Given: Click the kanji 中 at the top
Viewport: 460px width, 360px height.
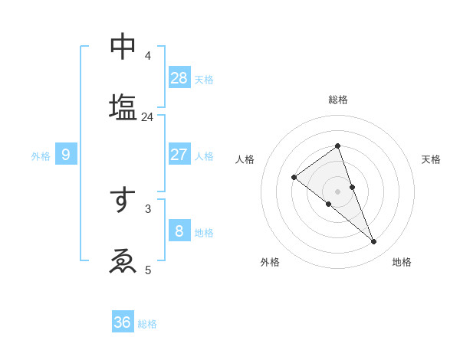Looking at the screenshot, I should click(123, 47).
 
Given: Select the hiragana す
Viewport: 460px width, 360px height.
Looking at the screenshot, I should click(123, 200).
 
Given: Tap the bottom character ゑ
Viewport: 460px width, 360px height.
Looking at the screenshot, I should click(123, 261).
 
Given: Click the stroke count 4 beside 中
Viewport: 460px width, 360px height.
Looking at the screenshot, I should click(148, 56).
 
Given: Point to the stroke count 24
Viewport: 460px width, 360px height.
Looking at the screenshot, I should click(147, 117).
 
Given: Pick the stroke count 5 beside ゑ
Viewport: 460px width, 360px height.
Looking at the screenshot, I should click(148, 270).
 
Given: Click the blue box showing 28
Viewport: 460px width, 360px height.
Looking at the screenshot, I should click(179, 77).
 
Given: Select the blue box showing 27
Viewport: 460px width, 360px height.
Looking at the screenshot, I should click(179, 154).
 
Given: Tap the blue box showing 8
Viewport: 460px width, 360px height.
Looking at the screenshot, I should click(179, 231).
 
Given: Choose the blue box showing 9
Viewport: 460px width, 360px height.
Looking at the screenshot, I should click(66, 155).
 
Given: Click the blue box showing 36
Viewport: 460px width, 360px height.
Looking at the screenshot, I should click(123, 322).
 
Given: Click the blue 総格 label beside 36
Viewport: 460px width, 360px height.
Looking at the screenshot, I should click(147, 324).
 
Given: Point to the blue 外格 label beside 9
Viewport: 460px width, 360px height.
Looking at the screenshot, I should click(41, 156).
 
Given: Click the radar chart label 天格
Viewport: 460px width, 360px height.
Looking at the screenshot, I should click(431, 159).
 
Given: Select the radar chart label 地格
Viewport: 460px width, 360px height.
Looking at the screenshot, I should click(402, 262).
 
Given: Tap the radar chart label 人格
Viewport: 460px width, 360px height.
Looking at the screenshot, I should click(245, 159).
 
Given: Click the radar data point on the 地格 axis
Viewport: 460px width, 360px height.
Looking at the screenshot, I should click(374, 242).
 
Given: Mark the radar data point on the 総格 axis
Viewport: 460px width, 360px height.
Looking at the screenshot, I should click(337, 146).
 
